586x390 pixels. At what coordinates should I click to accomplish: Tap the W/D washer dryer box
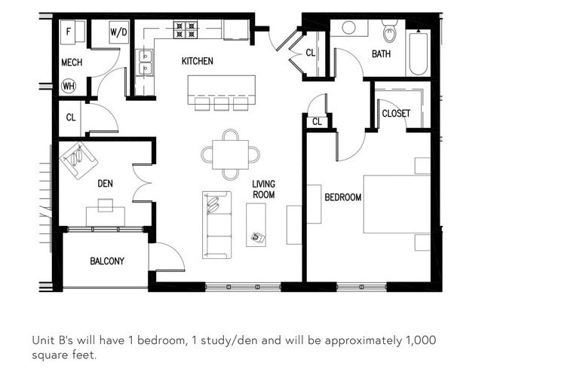(x=118, y=32)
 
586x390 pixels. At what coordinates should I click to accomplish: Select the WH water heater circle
(x=68, y=86)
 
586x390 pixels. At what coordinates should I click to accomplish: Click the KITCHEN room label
(x=197, y=61)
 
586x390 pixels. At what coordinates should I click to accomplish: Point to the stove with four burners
(x=185, y=30)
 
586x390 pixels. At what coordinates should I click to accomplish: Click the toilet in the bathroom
(x=389, y=30)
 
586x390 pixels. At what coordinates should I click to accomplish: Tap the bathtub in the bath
(x=418, y=53)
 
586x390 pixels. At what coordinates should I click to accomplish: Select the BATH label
(x=381, y=53)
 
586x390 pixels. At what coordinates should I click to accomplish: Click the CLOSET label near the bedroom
(x=396, y=114)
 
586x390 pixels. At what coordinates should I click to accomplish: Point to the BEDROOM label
(x=343, y=198)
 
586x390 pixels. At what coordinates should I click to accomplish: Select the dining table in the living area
(x=230, y=154)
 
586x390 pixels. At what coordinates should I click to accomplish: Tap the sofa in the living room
(x=216, y=224)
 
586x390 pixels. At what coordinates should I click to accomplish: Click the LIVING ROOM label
(x=263, y=189)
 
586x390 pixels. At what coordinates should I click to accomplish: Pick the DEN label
(x=105, y=183)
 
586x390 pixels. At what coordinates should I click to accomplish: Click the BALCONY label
(x=107, y=261)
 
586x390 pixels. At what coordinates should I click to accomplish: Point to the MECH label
(x=72, y=62)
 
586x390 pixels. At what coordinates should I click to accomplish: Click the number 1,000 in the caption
(x=421, y=340)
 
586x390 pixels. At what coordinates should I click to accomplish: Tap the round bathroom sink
(x=348, y=28)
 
